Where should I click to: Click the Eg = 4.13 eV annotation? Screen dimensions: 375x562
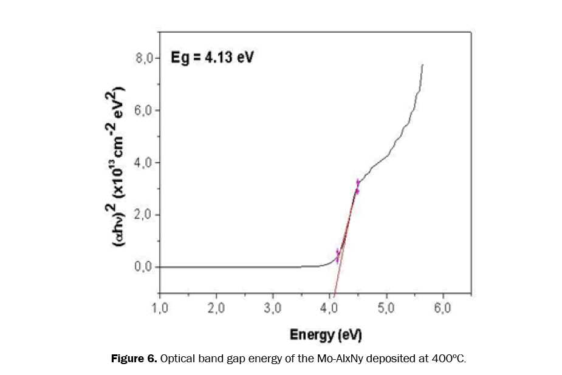pyautogui.click(x=211, y=58)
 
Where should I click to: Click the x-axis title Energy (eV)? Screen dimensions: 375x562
pyautogui.click(x=321, y=334)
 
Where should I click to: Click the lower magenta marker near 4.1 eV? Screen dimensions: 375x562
pyautogui.click(x=338, y=255)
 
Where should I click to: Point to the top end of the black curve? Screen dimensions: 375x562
pyautogui.click(x=422, y=64)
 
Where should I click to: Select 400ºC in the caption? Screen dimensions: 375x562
pyautogui.click(x=448, y=359)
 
